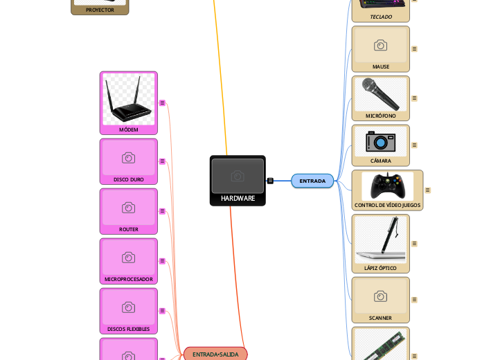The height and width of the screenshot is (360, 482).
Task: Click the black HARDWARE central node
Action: (238, 181)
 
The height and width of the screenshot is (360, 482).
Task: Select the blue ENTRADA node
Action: (312, 181)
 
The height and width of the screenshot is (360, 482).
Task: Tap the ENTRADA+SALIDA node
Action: (215, 354)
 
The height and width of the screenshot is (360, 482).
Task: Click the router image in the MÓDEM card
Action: (129, 98)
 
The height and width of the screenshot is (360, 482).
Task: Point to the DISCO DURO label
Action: (129, 179)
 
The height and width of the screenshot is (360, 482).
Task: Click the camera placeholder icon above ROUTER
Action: (129, 208)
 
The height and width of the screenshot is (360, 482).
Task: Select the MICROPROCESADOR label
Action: (129, 279)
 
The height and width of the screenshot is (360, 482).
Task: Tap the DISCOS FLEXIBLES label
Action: (129, 329)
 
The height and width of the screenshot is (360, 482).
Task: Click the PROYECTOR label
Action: (100, 10)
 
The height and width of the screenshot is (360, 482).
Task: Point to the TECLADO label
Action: (381, 17)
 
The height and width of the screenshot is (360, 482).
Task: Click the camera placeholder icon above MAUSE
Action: (381, 45)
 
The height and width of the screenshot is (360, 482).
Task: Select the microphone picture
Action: (380, 94)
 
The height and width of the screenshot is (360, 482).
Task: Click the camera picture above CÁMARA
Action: (380, 141)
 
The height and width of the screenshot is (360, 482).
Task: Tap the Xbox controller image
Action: (387, 186)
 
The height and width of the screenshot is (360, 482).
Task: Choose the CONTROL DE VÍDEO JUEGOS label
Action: (387, 205)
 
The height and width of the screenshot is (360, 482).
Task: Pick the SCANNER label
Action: (381, 318)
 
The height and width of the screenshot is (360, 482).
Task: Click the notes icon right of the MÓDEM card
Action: (162, 102)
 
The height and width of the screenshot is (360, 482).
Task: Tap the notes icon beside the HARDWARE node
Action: (270, 181)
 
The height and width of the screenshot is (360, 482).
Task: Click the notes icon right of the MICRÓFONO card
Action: (414, 98)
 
